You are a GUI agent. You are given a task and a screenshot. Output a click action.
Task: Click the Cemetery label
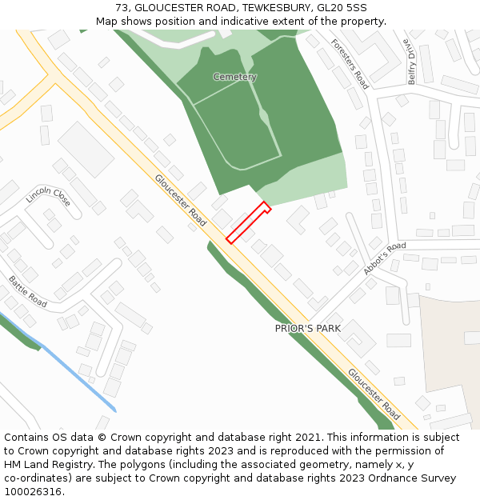pos(234,77)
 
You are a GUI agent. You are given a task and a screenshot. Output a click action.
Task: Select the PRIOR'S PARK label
pos(308,328)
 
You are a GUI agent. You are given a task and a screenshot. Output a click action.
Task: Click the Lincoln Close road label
pos(49,196)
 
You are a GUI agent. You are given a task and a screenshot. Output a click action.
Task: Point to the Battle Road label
pos(28,292)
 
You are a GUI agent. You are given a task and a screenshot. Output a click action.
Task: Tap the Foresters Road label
pos(350,64)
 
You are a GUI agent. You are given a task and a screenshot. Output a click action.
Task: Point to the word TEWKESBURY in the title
pos(277,8)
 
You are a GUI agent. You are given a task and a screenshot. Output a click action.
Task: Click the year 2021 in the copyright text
pos(309,438)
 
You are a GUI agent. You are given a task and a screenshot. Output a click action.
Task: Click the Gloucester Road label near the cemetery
pos(180,200)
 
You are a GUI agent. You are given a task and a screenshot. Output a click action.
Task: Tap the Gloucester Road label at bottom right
pos(374,394)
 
